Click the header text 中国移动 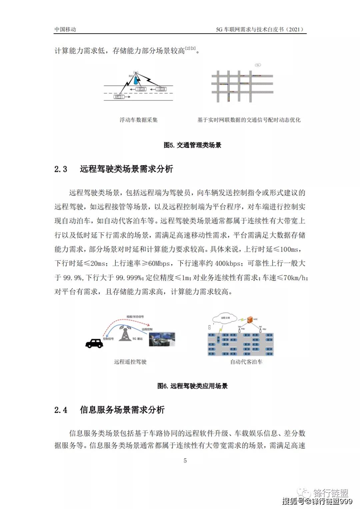click(x=65, y=29)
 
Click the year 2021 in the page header click(x=294, y=29)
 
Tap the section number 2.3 click(x=61, y=169)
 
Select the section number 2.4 click(x=61, y=410)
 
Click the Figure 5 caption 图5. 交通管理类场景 click(x=192, y=145)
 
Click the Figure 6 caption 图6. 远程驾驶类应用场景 click(x=192, y=386)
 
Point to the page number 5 click(x=185, y=461)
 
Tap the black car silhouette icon click(x=94, y=343)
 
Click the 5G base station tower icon click(x=125, y=333)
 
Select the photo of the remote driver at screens click(x=162, y=339)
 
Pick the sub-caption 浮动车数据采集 click(x=139, y=120)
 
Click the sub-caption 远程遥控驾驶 click(x=130, y=362)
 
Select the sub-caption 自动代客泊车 click(x=246, y=362)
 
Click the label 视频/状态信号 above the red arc click(x=135, y=316)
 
